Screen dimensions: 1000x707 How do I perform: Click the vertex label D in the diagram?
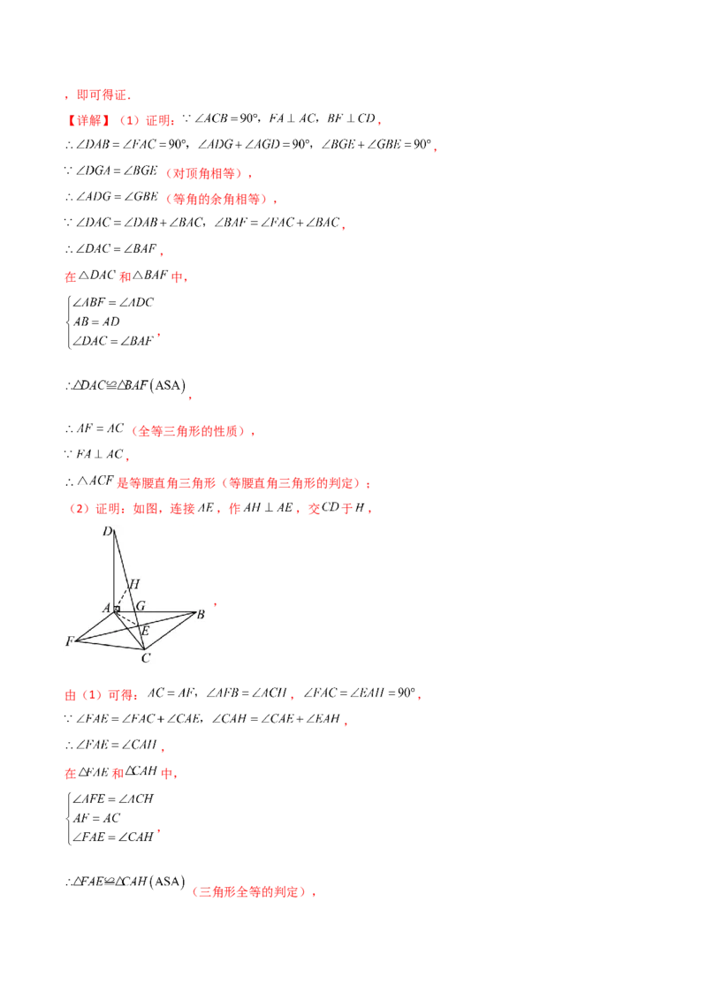[107, 531]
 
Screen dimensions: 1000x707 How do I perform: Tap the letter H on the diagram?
[134, 584]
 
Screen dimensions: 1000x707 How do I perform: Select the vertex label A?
[105, 608]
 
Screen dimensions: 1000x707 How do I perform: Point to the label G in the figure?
[140, 607]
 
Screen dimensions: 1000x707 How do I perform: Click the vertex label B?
[201, 615]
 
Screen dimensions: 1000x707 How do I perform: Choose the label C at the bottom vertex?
[146, 656]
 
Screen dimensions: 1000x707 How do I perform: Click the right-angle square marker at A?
[117, 610]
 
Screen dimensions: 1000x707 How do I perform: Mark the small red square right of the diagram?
[216, 605]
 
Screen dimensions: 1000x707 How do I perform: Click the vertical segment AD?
[114, 570]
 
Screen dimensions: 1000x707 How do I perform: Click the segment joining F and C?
[110, 646]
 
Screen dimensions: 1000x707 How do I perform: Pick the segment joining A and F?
[95, 625]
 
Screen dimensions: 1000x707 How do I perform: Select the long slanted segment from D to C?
[130, 592]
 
